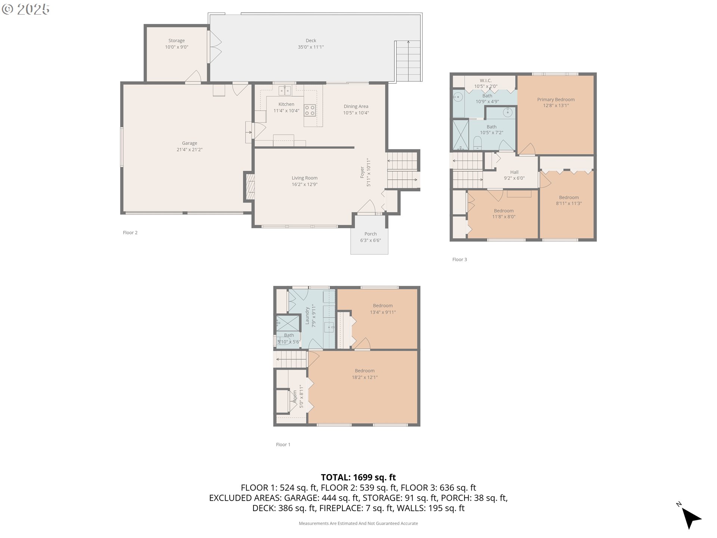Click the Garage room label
(x=189, y=143)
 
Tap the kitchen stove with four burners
(x=310, y=110)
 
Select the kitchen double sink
(x=285, y=91)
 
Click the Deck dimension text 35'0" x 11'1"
(x=311, y=47)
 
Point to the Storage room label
(x=176, y=40)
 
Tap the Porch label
(x=370, y=234)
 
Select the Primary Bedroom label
(x=556, y=99)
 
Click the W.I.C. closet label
(x=485, y=80)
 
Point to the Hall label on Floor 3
(x=514, y=172)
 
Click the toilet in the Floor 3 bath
(x=477, y=143)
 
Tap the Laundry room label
(x=307, y=316)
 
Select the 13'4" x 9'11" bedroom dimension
(x=383, y=312)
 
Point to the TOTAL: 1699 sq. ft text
(x=358, y=477)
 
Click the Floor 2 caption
(x=130, y=232)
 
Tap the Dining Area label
(x=356, y=106)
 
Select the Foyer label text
(x=362, y=172)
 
